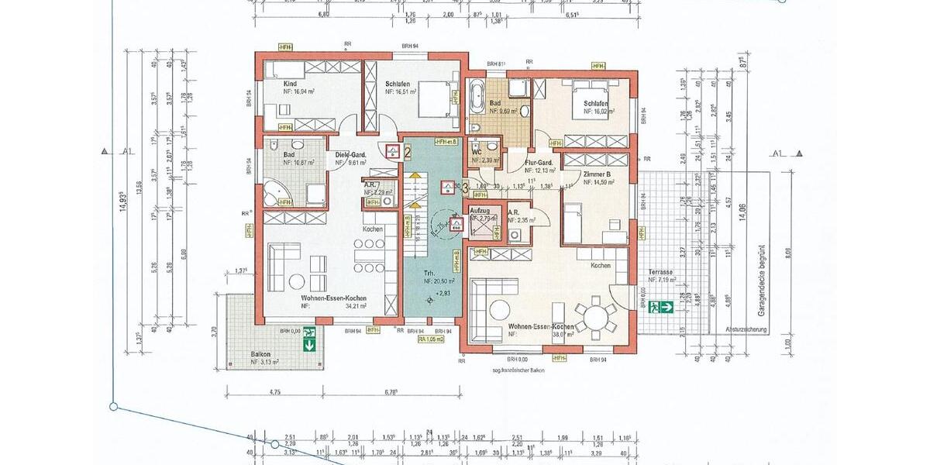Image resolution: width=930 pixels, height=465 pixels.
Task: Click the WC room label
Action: pos(477,152)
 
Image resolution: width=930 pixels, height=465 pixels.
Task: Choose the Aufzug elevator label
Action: pos(480,211)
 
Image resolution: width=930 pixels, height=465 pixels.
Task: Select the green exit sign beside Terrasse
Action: pos(663,306)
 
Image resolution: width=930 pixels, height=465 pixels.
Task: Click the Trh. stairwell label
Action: pos(428,273)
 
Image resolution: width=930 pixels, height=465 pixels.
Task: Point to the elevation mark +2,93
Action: pos(443,294)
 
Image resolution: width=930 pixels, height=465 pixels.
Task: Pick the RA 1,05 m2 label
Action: pos(431,339)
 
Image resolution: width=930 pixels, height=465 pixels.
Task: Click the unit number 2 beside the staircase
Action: pos(408,152)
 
